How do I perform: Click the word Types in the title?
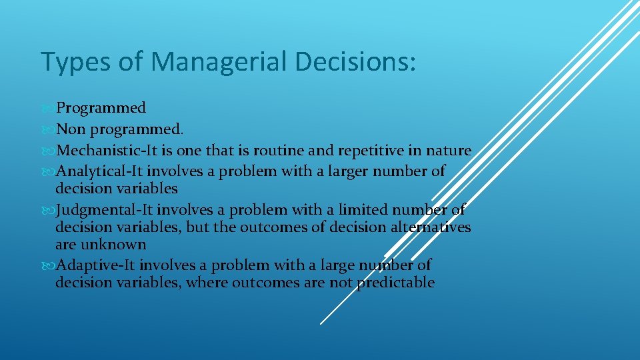click(x=73, y=62)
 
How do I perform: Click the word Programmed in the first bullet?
click(x=101, y=108)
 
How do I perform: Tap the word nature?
click(x=451, y=151)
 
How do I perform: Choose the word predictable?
click(x=395, y=283)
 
